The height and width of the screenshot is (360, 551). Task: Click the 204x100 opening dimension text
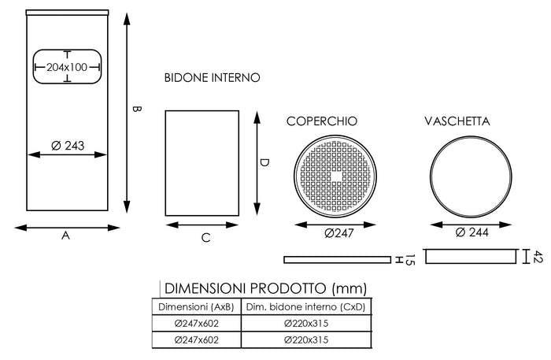coord(68,68)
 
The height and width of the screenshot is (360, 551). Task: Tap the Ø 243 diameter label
coord(68,146)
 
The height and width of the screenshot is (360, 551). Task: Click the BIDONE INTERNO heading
coord(212,78)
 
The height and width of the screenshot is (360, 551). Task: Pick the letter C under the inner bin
coord(205,237)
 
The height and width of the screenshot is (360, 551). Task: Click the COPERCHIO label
coord(321,121)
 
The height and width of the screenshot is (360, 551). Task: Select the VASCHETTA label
coord(457,121)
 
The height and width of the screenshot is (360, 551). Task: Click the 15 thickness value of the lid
coord(410,259)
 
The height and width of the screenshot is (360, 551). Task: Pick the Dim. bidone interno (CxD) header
coord(307,306)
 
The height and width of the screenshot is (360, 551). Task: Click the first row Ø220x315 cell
coord(307,324)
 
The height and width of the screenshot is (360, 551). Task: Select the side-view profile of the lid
coord(337,258)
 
